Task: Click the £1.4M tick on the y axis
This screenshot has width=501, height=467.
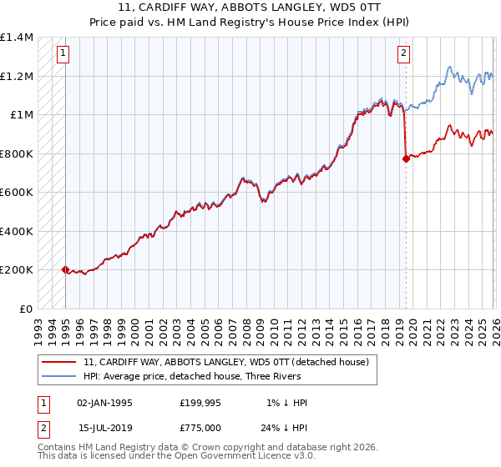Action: [x=17, y=38]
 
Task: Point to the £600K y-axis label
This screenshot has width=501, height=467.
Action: [x=17, y=193]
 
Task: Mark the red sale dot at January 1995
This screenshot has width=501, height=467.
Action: [x=65, y=269]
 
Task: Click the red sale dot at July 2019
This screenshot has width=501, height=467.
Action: [x=406, y=158]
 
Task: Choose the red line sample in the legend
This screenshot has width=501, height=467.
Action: [x=59, y=362]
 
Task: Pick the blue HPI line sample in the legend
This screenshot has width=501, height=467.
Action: [x=59, y=376]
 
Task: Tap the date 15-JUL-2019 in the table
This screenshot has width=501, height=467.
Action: [x=105, y=427]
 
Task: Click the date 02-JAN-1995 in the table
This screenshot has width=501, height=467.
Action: [x=105, y=403]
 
